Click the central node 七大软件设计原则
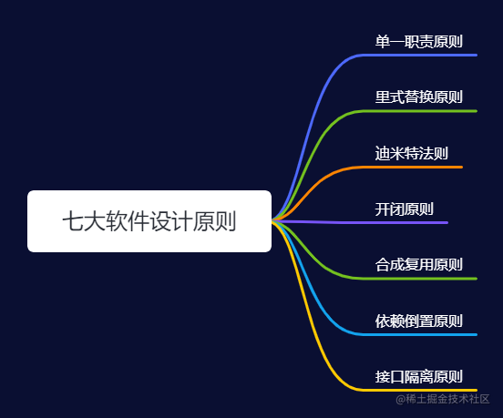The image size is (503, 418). click(149, 221)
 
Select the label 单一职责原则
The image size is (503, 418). click(418, 42)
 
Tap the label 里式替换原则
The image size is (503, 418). click(418, 97)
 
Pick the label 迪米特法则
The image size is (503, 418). click(411, 153)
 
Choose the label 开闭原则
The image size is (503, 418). click(404, 209)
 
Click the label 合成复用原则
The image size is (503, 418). click(418, 265)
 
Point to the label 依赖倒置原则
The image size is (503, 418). click(418, 321)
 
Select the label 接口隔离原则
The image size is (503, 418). click(418, 376)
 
